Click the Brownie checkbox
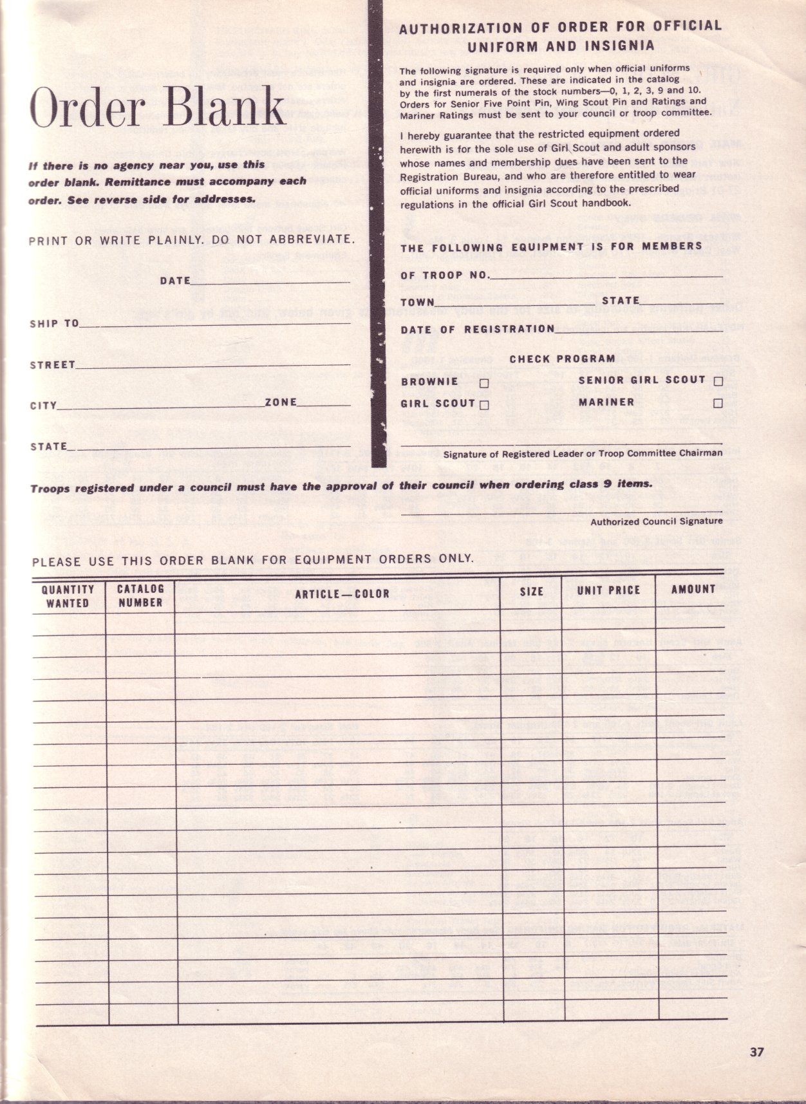[484, 383]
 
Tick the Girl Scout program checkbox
[484, 405]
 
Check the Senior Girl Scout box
[718, 381]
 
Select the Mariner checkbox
[718, 404]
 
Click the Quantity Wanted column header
[68, 596]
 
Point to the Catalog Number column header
[140, 595]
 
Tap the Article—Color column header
[342, 594]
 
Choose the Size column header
[532, 592]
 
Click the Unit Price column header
[608, 590]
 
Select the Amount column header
[693, 589]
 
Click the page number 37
[756, 1053]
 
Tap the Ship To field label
[54, 323]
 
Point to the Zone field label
[281, 402]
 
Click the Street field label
[53, 365]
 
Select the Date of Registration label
[478, 330]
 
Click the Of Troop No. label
[445, 276]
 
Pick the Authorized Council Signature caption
[657, 521]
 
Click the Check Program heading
[562, 359]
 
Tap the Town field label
[418, 302]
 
